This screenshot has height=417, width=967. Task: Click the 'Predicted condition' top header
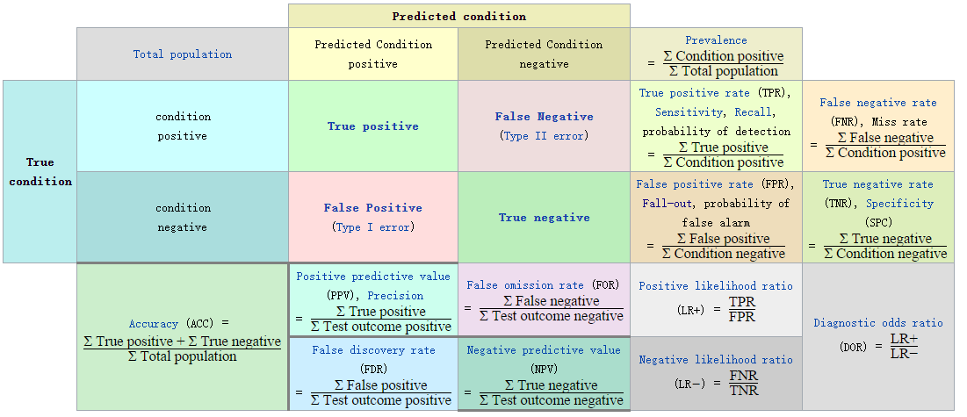coord(458,16)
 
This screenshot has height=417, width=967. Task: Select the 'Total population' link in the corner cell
coord(183,54)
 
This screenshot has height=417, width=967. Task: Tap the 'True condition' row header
coord(40,171)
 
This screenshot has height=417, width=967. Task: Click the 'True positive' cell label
coord(373,126)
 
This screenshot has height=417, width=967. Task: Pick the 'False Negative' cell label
coord(544,117)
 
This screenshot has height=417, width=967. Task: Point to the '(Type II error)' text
coord(544,136)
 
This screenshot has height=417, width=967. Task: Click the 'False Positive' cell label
coord(372,208)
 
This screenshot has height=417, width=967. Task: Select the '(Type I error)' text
coord(372,227)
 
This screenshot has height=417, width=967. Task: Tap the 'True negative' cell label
coord(544,218)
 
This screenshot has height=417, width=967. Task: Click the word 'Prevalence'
coord(716,40)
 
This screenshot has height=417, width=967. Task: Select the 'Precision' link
coord(396,296)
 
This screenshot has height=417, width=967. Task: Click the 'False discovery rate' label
coord(373,350)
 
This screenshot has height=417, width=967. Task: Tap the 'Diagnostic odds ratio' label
coord(877,323)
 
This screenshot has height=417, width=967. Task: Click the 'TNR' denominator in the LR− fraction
coord(744,390)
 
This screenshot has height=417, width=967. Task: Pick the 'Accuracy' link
coord(154,324)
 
